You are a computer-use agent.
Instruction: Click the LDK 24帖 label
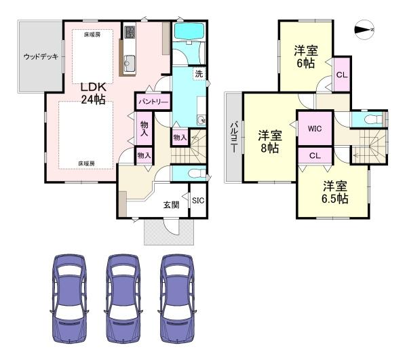(93, 93)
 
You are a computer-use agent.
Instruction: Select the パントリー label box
(154, 101)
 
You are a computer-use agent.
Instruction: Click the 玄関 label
(170, 204)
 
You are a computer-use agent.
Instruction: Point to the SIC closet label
(197, 201)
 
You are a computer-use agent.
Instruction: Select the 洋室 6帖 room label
(305, 57)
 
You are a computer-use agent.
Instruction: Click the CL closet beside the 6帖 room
(342, 74)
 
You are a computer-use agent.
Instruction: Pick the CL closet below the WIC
(314, 156)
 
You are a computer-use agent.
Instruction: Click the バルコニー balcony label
(233, 136)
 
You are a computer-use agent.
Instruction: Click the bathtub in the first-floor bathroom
(189, 31)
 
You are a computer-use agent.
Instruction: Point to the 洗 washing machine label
(199, 74)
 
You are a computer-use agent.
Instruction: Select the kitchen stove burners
(130, 32)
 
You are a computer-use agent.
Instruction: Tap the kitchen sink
(130, 64)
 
